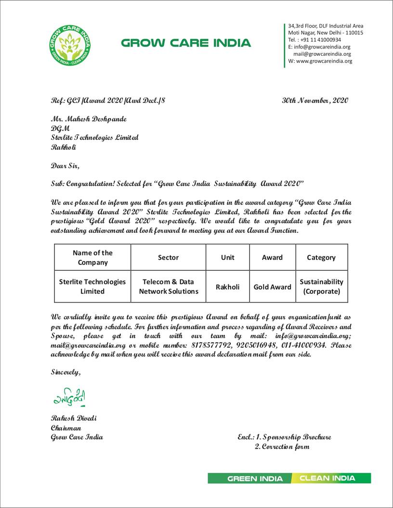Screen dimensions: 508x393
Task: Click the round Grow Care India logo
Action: point(70,45)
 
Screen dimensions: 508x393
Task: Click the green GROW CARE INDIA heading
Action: point(186,43)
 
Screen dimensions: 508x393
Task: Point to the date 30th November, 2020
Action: point(315,101)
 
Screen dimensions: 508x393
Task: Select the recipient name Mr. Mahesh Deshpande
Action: point(89,119)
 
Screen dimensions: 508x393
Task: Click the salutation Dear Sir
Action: point(65,166)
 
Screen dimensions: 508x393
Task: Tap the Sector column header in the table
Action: point(168,257)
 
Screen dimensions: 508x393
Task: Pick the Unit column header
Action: point(227,257)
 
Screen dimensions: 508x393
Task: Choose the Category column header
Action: point(321,257)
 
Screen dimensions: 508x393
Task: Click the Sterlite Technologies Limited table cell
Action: point(92,286)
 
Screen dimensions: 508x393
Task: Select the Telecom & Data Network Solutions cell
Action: point(168,286)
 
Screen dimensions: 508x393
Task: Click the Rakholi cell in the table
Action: point(227,287)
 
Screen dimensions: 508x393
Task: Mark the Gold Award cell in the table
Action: point(272,287)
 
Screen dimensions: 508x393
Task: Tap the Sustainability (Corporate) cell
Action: point(321,286)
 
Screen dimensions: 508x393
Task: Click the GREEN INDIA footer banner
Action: point(249,479)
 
